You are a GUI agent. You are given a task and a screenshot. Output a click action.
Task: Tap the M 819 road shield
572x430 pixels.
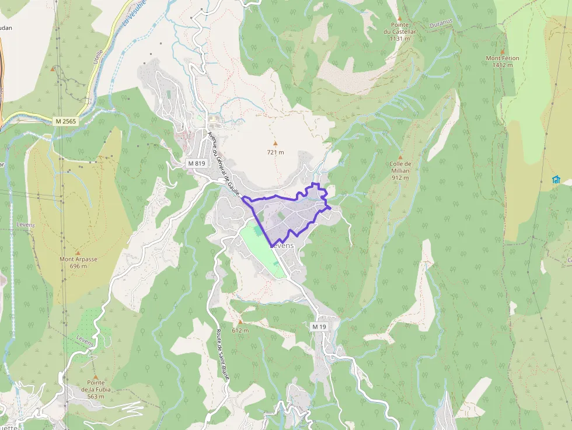[197, 163]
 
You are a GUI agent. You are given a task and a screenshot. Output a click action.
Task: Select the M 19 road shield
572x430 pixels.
[319, 327]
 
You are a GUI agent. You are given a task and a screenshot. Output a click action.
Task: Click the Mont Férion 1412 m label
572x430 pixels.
[502, 61]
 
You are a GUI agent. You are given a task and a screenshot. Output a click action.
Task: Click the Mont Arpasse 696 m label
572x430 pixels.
[78, 263]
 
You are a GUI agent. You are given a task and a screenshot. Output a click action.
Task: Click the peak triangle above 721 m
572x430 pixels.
[275, 143]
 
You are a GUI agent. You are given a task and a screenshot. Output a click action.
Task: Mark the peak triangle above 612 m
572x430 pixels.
[240, 321]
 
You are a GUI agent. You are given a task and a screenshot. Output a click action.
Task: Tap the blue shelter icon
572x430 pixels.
[556, 179]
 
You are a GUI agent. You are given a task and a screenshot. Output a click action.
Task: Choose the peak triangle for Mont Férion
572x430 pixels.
[502, 51]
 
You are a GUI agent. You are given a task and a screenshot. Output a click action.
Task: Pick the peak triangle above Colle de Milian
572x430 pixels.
[400, 157]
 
